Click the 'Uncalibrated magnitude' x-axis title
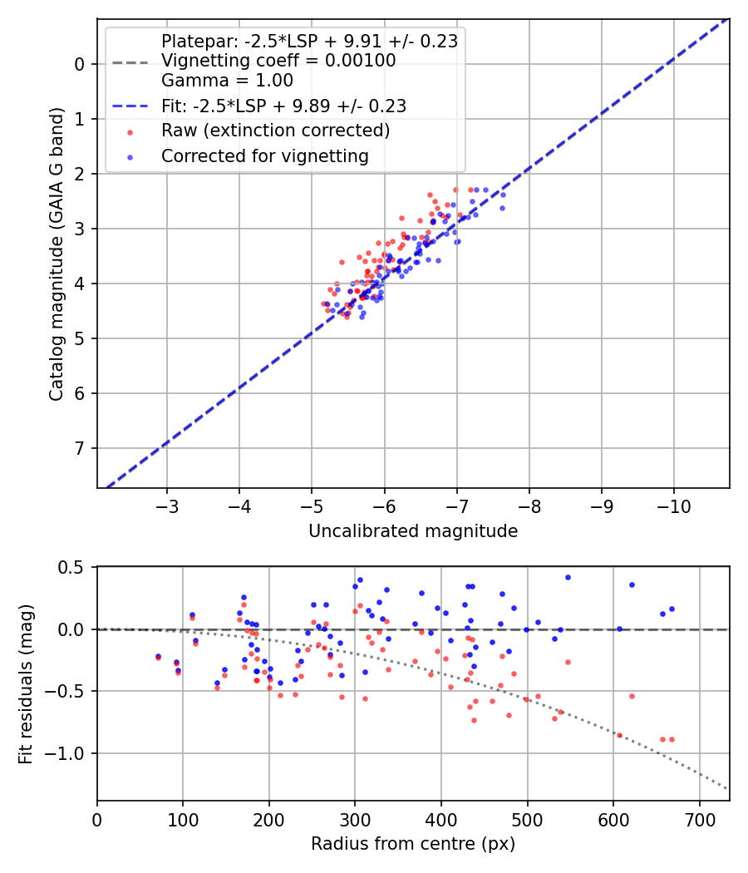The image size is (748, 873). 413,531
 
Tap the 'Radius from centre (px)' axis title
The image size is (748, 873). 413,844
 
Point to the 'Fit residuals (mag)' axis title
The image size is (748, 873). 26,683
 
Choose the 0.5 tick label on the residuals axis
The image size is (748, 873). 76,568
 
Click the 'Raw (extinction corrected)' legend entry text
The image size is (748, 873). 275,131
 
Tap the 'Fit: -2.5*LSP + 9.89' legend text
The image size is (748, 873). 283,106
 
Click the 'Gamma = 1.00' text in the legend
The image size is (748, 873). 227,81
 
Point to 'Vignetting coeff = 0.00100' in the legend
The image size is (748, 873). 278,61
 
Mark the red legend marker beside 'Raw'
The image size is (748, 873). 129,131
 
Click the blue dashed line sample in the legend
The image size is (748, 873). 130,106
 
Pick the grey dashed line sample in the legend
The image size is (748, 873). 130,62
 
